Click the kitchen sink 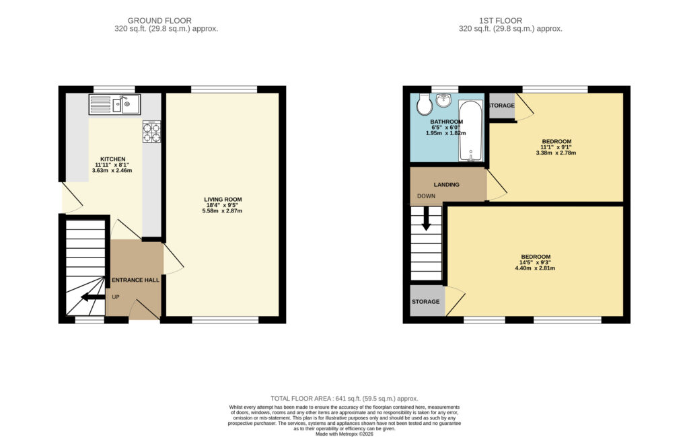(x=114, y=104)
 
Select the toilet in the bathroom (x=425, y=104)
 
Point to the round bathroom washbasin (x=444, y=100)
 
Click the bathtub (x=470, y=131)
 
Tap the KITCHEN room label (x=113, y=159)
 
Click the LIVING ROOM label (x=223, y=200)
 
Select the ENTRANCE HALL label (x=136, y=280)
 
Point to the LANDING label (x=447, y=184)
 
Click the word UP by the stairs (x=116, y=297)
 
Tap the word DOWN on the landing (x=426, y=196)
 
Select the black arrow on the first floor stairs (x=426, y=218)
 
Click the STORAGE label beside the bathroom (x=501, y=106)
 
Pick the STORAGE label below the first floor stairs (x=425, y=302)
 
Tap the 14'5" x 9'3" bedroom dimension (x=535, y=263)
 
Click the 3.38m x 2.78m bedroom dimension (x=556, y=153)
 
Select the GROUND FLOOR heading (x=159, y=21)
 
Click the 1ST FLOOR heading (x=501, y=21)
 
